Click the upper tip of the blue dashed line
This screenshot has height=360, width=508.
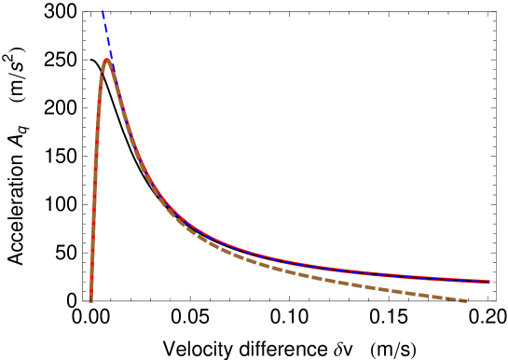tap(103, 11)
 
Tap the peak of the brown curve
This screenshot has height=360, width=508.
tap(107, 60)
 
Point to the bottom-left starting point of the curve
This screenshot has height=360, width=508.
tap(90, 300)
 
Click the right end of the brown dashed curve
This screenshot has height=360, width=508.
tap(466, 300)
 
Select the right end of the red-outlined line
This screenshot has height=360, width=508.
tap(488, 281)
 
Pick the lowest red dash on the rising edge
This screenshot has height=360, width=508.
tap(91, 280)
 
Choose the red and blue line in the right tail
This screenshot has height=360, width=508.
tap(419, 275)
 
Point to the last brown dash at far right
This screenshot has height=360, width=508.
tap(462, 299)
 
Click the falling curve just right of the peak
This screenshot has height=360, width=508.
tap(121, 103)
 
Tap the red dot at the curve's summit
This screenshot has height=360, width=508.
tap(106, 61)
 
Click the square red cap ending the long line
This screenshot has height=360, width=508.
tap(487, 281)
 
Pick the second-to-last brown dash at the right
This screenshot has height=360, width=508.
tap(451, 298)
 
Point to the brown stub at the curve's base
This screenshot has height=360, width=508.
tap(90, 297)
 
